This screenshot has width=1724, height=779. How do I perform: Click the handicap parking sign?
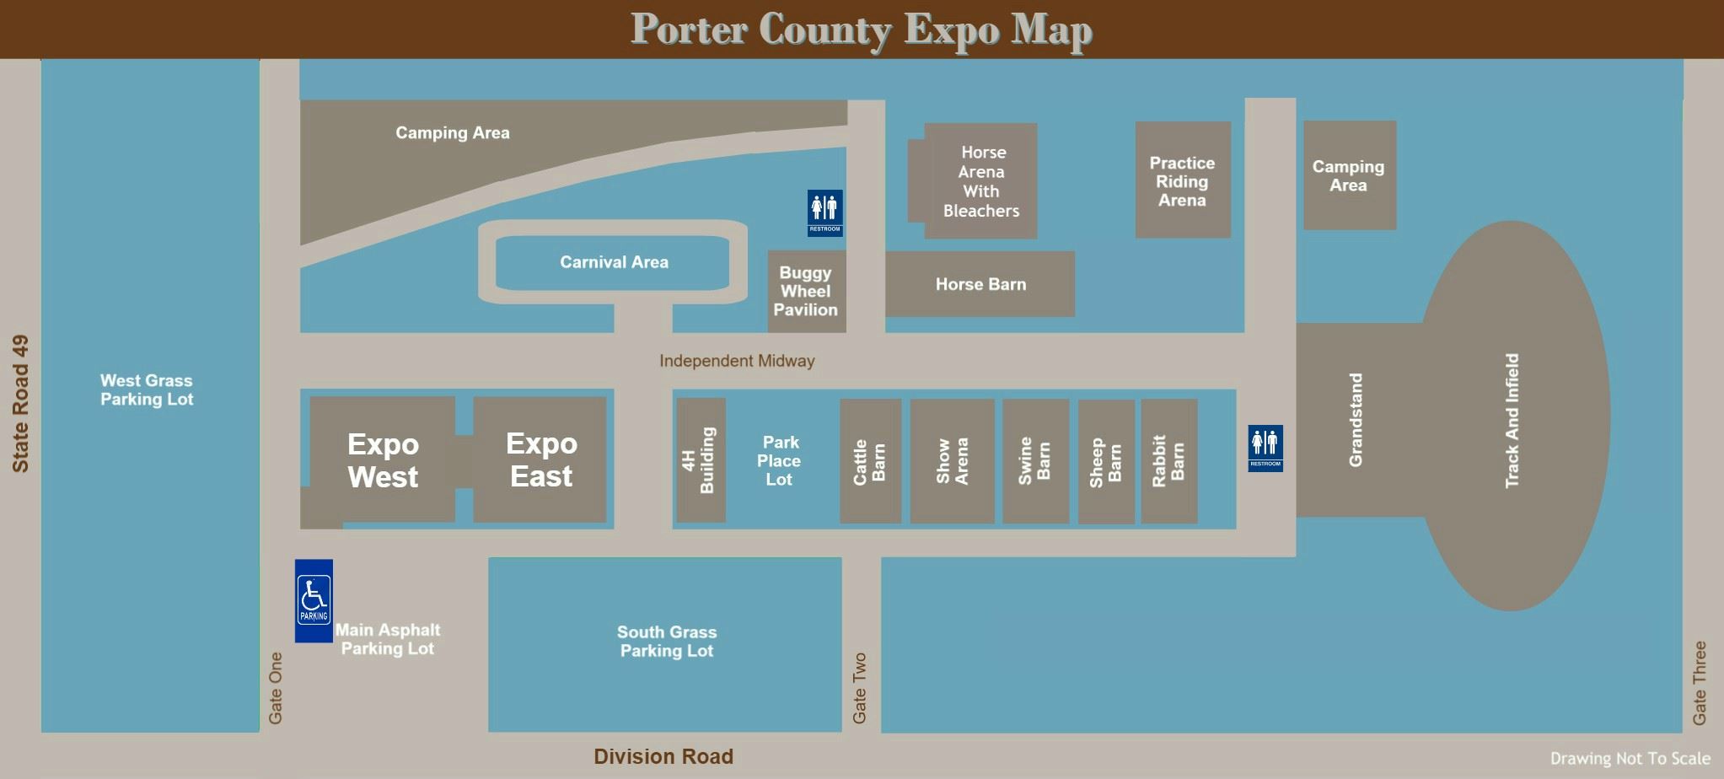pyautogui.click(x=314, y=600)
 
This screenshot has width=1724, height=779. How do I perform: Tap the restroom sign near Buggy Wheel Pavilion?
pyautogui.click(x=824, y=212)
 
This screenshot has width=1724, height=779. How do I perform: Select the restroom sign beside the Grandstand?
pyautogui.click(x=1265, y=448)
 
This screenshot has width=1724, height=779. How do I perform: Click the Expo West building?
pyautogui.click(x=383, y=460)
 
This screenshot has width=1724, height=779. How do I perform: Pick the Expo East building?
pyautogui.click(x=540, y=459)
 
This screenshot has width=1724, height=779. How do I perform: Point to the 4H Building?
pyautogui.click(x=701, y=460)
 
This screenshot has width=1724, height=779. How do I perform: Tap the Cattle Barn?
pyautogui.click(x=870, y=461)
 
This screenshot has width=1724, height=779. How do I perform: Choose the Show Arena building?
pyautogui.click(x=952, y=461)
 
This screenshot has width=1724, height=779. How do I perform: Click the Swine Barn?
pyautogui.click(x=1035, y=461)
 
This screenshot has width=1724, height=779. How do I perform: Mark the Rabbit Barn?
pyautogui.click(x=1168, y=461)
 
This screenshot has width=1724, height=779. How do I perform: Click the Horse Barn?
pyautogui.click(x=980, y=284)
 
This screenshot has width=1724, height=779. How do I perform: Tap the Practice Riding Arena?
pyautogui.click(x=1182, y=180)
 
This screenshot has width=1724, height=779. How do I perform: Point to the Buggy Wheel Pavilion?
pyautogui.click(x=806, y=292)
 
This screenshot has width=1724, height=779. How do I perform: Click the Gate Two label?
pyautogui.click(x=860, y=687)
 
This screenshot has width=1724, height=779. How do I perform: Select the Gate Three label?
pyautogui.click(x=1700, y=682)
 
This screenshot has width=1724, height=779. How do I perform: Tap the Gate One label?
pyautogui.click(x=276, y=687)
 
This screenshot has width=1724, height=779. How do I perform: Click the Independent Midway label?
pyautogui.click(x=737, y=361)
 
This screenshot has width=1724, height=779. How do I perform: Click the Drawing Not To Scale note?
pyautogui.click(x=1630, y=759)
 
